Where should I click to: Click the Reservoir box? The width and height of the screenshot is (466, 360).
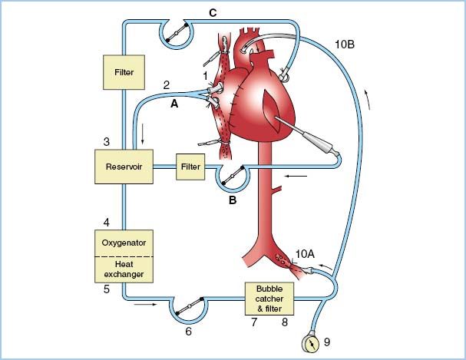tap(124, 166)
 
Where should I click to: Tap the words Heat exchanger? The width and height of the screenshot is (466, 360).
tap(124, 268)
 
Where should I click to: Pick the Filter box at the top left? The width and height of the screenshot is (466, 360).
tap(124, 73)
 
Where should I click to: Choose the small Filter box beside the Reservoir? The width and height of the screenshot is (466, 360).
tap(190, 166)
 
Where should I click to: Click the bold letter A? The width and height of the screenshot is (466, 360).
tap(174, 108)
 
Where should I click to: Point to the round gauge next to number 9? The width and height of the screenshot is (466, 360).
tap(314, 340)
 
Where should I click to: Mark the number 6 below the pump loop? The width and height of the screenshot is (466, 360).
tap(188, 332)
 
